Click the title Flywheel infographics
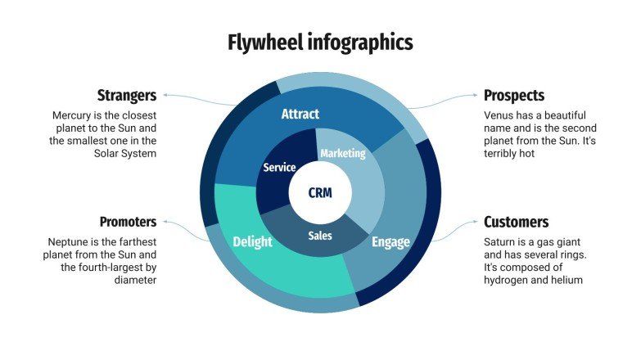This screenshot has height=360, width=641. [320, 42]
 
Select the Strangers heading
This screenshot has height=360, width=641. [127, 95]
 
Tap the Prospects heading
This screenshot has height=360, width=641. [513, 95]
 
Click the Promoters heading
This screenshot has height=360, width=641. [128, 222]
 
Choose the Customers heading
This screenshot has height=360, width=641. [516, 222]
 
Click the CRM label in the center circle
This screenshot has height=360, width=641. [320, 193]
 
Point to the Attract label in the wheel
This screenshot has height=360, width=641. [300, 114]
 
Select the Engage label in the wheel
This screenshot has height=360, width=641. [390, 241]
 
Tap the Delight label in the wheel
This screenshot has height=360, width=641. [252, 241]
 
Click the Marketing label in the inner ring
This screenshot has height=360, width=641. [342, 153]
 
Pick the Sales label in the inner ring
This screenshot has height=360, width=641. [320, 236]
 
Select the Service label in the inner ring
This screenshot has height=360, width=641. [279, 168]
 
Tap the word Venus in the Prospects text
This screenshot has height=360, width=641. [499, 116]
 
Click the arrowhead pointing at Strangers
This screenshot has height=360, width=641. [165, 96]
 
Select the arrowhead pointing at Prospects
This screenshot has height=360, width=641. [476, 96]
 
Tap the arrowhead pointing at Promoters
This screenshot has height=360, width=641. [165, 222]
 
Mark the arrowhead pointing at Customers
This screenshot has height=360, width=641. [476, 222]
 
